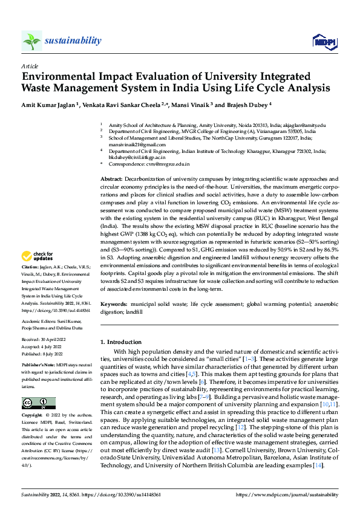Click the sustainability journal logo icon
point(32,41)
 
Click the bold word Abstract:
point(111,180)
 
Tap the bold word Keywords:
point(114,305)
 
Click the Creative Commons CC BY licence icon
point(38,403)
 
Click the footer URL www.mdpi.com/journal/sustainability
point(290,494)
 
